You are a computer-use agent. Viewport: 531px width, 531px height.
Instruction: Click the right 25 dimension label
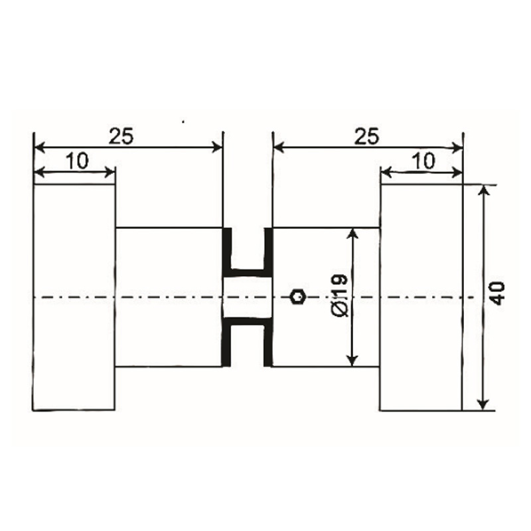coord(366,135)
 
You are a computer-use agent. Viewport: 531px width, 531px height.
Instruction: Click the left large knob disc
coord(74,297)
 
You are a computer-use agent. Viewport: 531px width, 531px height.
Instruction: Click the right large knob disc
coord(419,297)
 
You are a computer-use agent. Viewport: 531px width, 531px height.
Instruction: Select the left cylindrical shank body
coord(168,297)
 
